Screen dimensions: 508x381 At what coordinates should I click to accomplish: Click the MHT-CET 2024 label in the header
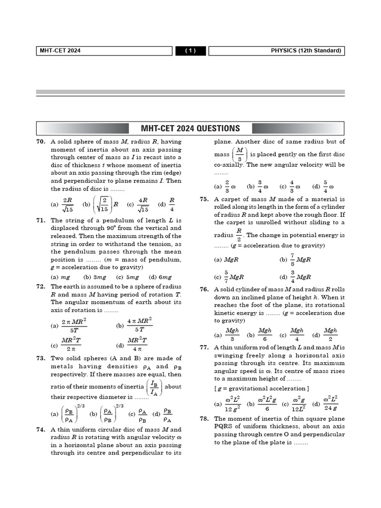pyautogui.click(x=61, y=51)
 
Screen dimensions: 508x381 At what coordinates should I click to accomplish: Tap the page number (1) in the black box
pyautogui.click(x=191, y=51)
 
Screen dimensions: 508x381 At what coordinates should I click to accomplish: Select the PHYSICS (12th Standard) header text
pyautogui.click(x=306, y=51)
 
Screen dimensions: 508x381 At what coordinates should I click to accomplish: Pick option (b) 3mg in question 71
pyautogui.click(x=95, y=277)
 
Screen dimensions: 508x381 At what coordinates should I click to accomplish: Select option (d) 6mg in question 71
pyautogui.click(x=160, y=277)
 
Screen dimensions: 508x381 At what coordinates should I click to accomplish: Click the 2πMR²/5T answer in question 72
pyautogui.click(x=74, y=325)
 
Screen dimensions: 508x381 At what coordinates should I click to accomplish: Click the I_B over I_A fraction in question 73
pyautogui.click(x=154, y=386)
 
